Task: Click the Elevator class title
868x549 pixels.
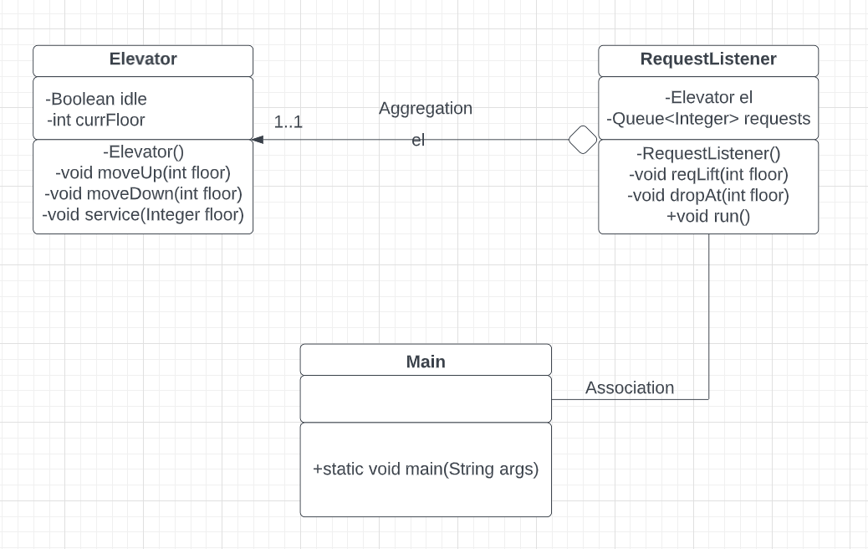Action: point(143,59)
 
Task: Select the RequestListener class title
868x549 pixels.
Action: point(708,59)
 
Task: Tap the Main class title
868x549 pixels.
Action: point(426,362)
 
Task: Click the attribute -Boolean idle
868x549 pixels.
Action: point(96,99)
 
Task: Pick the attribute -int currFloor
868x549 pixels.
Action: point(96,120)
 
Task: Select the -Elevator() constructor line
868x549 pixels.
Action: point(143,151)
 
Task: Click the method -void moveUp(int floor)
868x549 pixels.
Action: point(143,172)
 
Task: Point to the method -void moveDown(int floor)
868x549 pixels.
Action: point(143,193)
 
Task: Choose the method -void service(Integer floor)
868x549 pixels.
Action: point(143,214)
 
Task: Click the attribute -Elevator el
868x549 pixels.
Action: point(708,98)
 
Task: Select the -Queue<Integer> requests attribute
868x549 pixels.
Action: point(708,119)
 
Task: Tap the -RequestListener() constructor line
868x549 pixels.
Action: point(708,153)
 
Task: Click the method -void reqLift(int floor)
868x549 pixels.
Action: point(708,174)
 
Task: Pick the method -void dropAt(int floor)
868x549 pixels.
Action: point(708,195)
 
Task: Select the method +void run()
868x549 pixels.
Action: point(708,216)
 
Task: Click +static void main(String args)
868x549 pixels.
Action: point(426,469)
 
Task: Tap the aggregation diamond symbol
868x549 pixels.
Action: point(583,140)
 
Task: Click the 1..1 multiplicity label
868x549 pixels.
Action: point(288,122)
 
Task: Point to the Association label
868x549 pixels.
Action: point(630,387)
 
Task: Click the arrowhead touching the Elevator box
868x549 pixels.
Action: point(258,140)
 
